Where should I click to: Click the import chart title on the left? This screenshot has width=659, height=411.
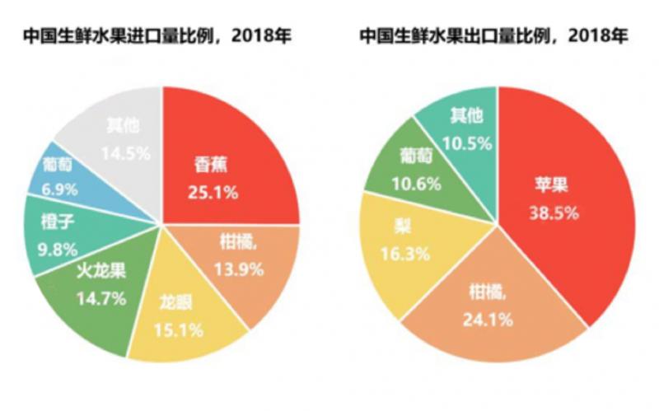click(157, 36)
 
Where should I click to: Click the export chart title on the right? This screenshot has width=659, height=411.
click(493, 36)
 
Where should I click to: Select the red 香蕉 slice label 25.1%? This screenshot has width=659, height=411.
click(211, 194)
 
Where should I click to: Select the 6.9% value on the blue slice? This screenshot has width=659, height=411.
click(58, 189)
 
